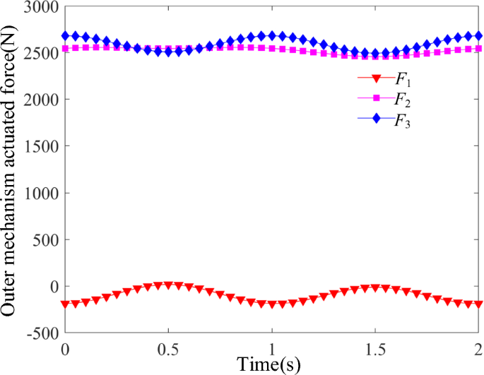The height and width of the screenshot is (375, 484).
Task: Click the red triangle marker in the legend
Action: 376,78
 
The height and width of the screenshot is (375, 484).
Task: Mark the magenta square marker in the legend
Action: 376,99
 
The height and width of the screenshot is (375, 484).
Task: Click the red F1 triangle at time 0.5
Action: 168,285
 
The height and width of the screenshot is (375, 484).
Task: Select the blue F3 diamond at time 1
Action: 272,35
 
